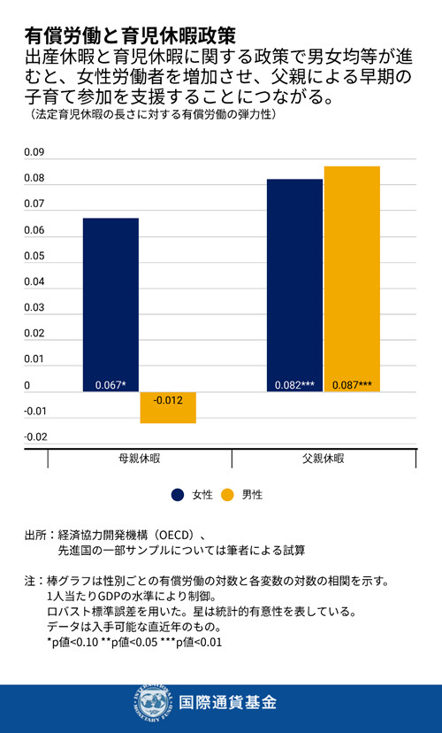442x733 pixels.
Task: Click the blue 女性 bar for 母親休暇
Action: tap(110, 301)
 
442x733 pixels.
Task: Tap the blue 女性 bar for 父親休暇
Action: tap(294, 283)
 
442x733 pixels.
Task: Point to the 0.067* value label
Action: tap(110, 385)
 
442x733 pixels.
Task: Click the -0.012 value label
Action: tap(168, 400)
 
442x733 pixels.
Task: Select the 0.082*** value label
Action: tap(294, 385)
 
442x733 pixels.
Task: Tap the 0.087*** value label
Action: tap(352, 385)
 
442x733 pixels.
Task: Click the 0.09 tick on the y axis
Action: tap(34, 153)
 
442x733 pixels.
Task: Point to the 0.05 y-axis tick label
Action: tap(34, 257)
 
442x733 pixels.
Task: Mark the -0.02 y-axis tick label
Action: tap(34, 436)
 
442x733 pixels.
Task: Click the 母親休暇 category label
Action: tap(140, 460)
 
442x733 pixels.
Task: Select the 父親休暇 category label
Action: tap(323, 460)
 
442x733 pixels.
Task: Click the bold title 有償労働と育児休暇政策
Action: tap(130, 35)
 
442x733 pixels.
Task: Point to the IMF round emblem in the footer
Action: tap(151, 703)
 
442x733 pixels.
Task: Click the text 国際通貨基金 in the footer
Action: tap(227, 703)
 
